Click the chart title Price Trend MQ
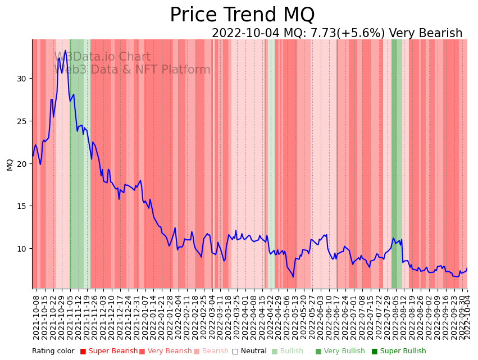pyautogui.click(x=242, y=15)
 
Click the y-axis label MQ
pyautogui.click(x=10, y=164)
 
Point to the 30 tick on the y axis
pyautogui.click(x=21, y=79)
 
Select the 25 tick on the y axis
pyautogui.click(x=21, y=121)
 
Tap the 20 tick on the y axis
pyautogui.click(x=21, y=164)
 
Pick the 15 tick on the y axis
pyautogui.click(x=21, y=206)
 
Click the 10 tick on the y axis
pyautogui.click(x=21, y=249)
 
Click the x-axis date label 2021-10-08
pyautogui.click(x=36, y=315)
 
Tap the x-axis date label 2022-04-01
pyautogui.click(x=245, y=315)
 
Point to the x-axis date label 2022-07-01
pyautogui.click(x=353, y=315)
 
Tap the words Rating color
pyautogui.click(x=53, y=351)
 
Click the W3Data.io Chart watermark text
pyautogui.click(x=102, y=57)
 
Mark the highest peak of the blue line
pyautogui.click(x=65, y=51)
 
